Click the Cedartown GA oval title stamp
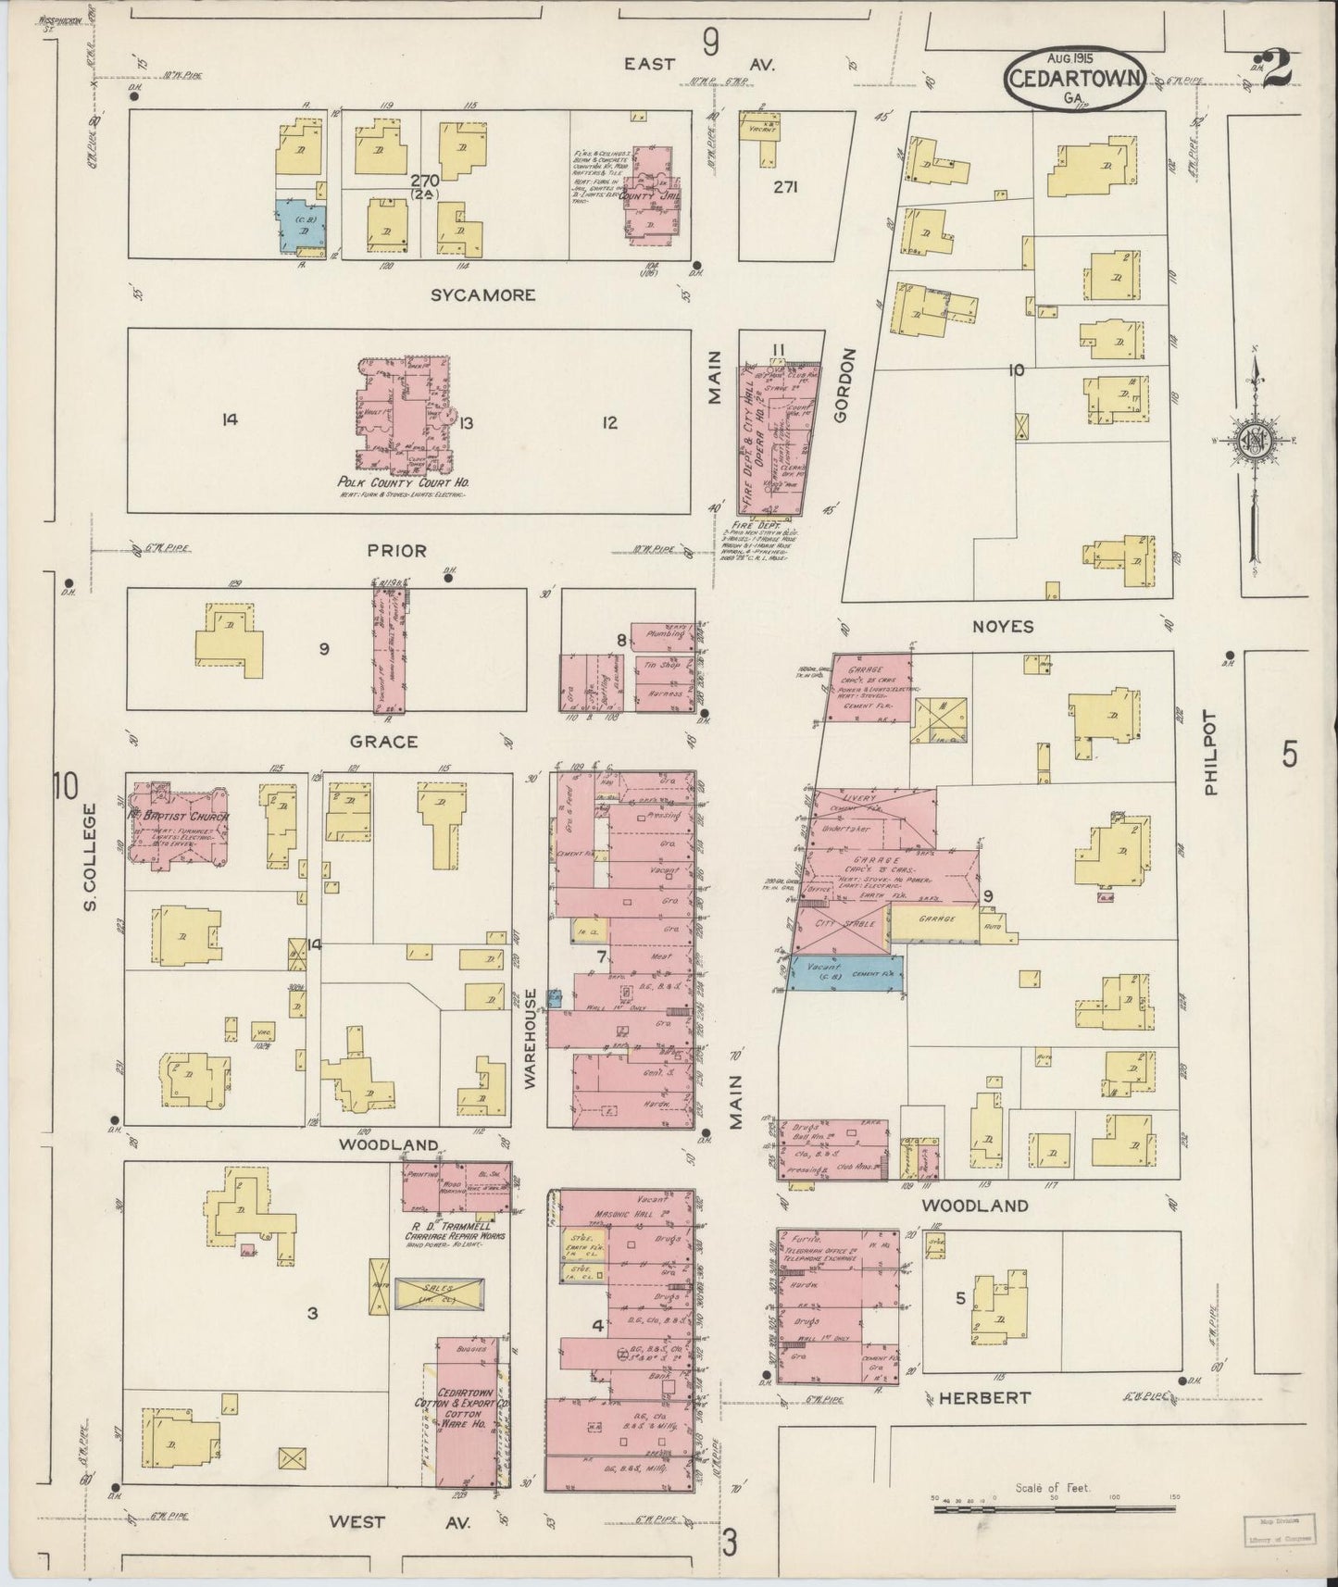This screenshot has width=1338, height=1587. click(1077, 80)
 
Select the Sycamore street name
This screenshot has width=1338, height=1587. click(483, 295)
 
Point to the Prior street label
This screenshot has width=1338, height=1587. click(396, 551)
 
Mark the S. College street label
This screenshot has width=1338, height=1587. click(90, 856)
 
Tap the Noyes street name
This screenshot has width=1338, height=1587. click(1004, 627)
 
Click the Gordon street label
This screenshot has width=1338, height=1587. click(842, 386)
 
